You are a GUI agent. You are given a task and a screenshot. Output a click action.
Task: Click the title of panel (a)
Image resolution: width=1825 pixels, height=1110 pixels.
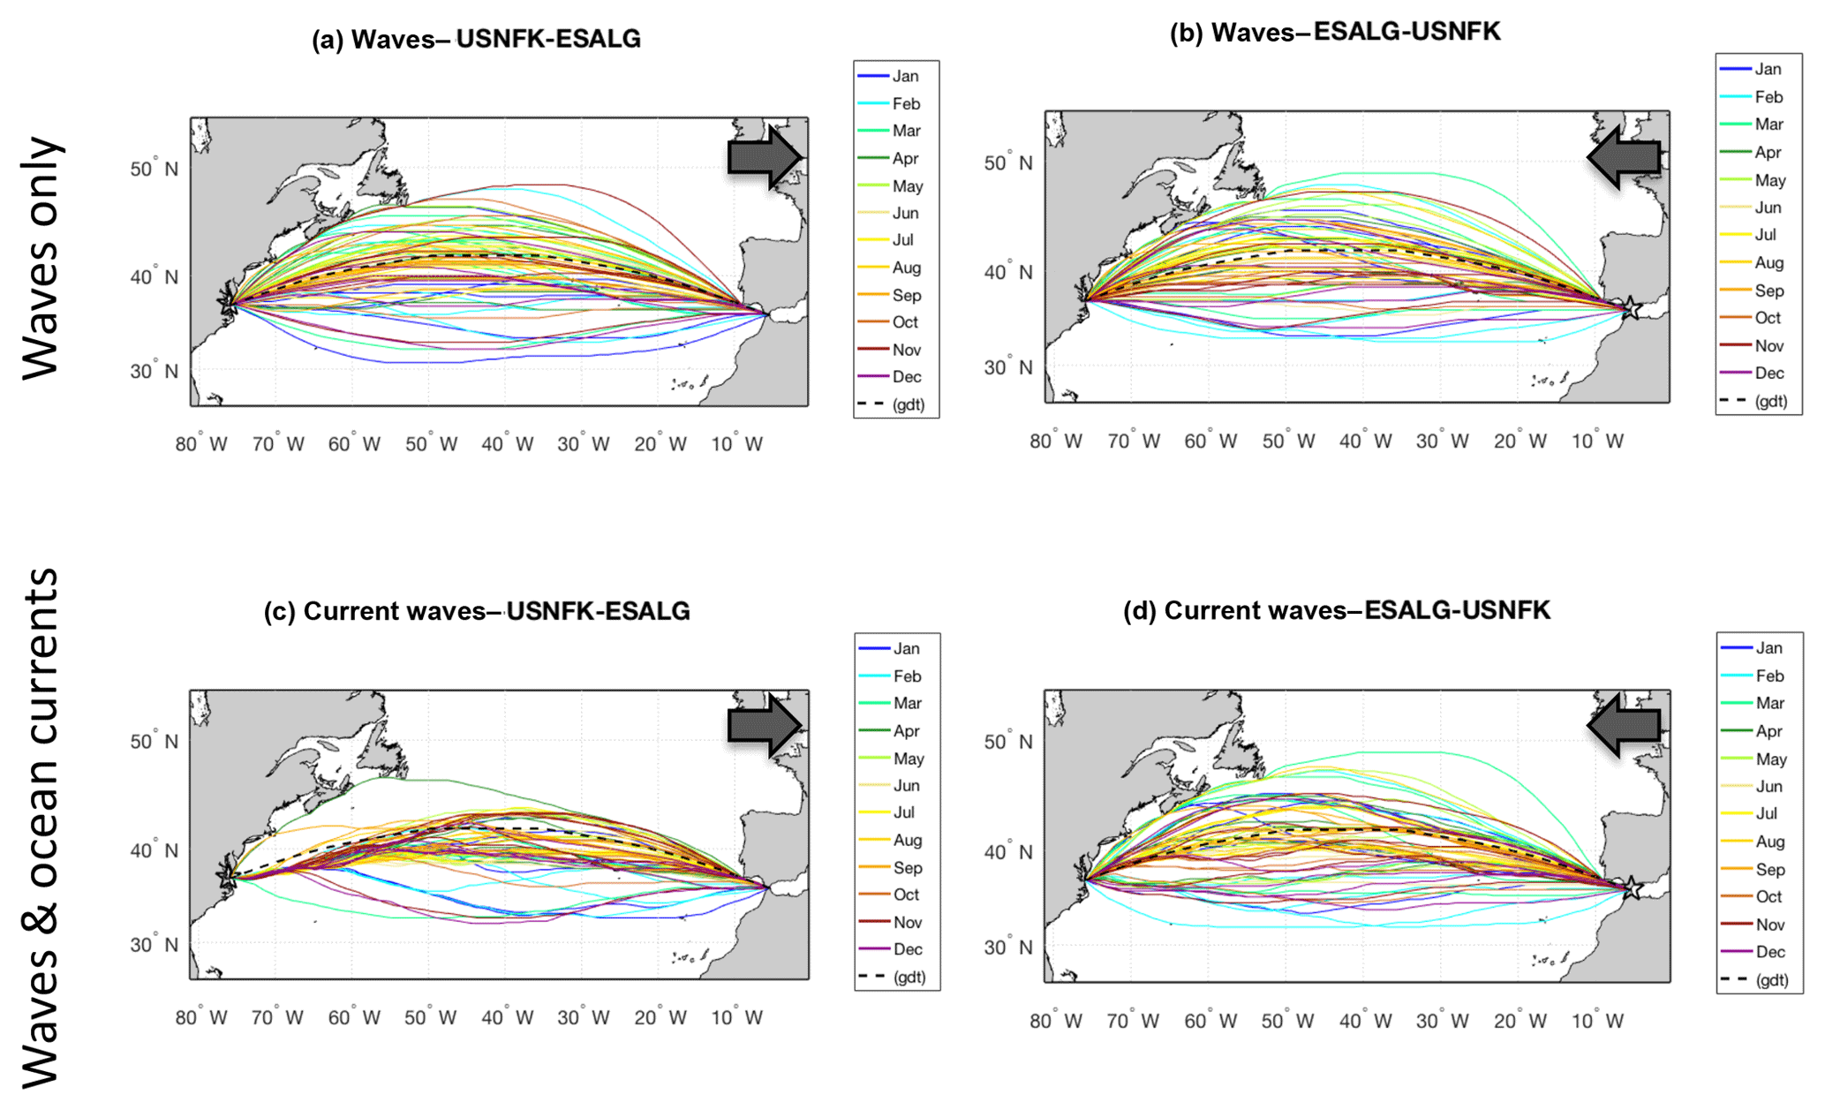click(x=476, y=40)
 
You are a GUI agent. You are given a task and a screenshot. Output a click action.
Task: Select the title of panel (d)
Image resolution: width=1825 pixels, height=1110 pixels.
click(x=1336, y=610)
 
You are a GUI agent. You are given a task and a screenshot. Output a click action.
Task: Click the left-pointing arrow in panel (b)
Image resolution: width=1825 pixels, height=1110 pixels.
click(x=1624, y=157)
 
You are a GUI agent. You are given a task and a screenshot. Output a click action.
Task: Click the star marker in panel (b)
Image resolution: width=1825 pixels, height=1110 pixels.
click(x=1632, y=309)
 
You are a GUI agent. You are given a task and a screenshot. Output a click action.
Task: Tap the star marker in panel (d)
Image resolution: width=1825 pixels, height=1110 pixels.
click(x=1632, y=887)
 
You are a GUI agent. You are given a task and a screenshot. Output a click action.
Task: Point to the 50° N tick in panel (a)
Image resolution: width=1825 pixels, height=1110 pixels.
click(x=154, y=169)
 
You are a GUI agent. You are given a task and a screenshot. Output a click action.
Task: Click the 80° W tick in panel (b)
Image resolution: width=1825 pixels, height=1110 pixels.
click(x=1055, y=442)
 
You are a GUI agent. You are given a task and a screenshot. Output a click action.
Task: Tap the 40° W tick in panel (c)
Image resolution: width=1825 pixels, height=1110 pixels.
click(x=507, y=1017)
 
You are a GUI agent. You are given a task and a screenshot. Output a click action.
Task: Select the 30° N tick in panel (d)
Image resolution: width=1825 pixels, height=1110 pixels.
click(x=1007, y=948)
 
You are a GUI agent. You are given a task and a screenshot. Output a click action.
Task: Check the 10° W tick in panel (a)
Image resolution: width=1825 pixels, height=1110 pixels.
click(x=736, y=444)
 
